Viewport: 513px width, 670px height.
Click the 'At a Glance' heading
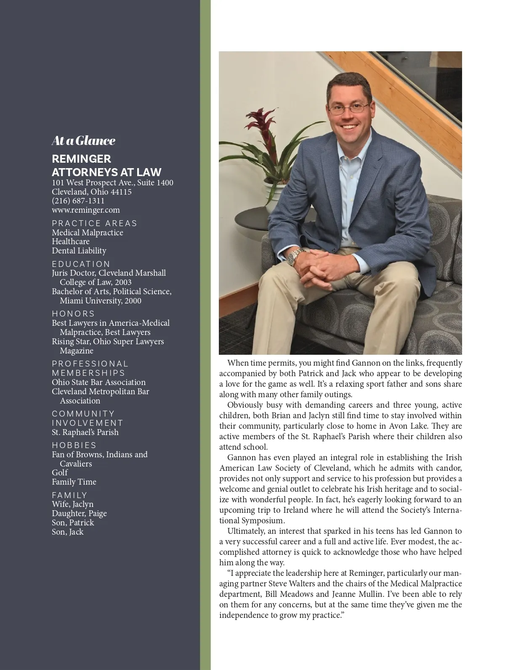point(83,141)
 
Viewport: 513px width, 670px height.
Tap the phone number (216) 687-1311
point(78,201)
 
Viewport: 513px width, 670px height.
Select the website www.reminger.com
point(86,210)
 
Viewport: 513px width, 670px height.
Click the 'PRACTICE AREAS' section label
point(95,224)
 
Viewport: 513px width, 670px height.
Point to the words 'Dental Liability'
point(79,251)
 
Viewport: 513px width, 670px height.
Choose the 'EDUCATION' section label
point(81,264)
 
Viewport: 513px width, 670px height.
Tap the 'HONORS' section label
point(73,314)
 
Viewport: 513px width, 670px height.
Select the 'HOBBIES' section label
point(74,446)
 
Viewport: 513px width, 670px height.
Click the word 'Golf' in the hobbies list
point(60,473)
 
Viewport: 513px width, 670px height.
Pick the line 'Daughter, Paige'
point(79,514)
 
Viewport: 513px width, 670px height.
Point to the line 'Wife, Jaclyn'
point(72,504)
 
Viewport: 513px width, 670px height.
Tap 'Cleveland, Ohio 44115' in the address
point(92,192)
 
